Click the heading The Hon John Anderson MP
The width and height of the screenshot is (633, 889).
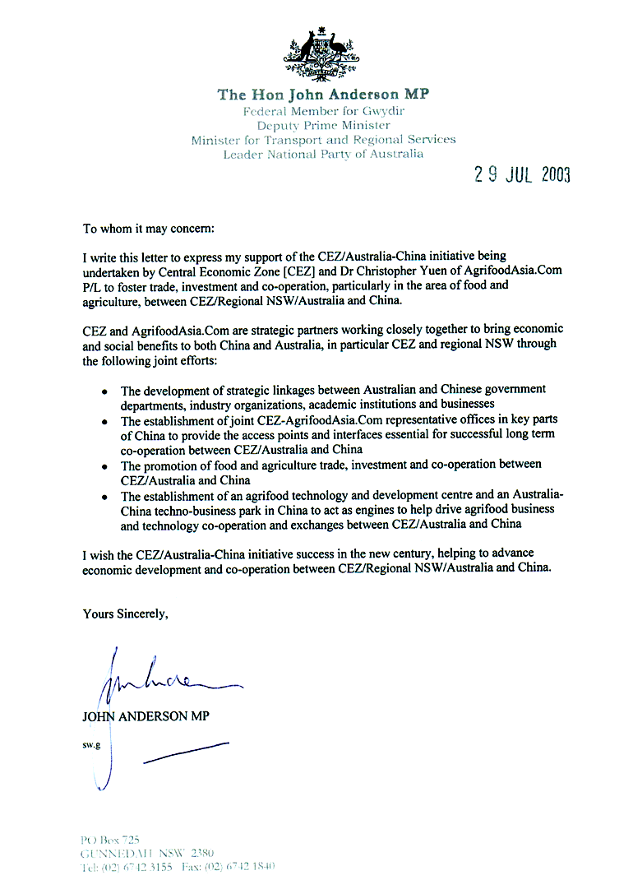click(323, 95)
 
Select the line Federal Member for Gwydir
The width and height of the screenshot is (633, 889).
click(323, 110)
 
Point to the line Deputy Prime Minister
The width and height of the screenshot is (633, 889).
click(323, 125)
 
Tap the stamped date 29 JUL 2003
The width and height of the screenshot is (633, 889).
click(522, 174)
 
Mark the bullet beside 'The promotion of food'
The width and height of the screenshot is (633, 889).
click(104, 466)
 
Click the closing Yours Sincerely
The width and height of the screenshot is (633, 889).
click(125, 613)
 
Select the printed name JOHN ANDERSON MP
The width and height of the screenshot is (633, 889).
click(146, 716)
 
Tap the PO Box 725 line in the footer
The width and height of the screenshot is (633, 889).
click(111, 840)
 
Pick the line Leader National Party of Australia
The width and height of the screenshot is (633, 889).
click(323, 155)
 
